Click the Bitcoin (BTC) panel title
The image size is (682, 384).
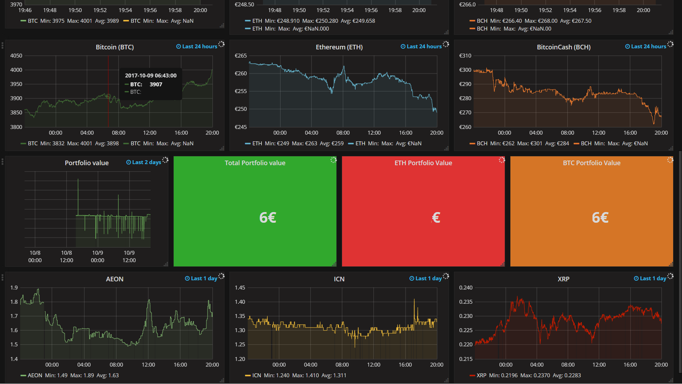114,47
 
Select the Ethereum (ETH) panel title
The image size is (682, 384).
339,47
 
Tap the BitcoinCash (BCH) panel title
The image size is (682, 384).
563,47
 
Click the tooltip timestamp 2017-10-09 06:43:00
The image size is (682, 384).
151,76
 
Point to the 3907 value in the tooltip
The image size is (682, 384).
156,85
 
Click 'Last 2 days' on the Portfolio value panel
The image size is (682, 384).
146,162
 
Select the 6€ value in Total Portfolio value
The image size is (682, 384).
267,217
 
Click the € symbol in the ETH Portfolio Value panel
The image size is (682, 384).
436,217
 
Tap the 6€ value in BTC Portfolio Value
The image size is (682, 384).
600,217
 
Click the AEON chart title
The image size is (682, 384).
114,279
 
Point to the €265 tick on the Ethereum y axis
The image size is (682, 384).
240,56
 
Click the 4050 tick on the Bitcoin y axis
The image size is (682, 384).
16,56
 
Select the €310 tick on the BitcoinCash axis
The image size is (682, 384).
465,56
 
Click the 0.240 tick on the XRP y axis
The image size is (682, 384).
466,288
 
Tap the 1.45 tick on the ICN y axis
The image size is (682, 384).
240,288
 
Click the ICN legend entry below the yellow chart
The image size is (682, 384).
256,375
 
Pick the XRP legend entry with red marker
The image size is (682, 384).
481,375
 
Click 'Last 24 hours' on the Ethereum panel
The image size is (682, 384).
424,47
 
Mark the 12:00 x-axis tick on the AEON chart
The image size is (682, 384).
148,365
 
